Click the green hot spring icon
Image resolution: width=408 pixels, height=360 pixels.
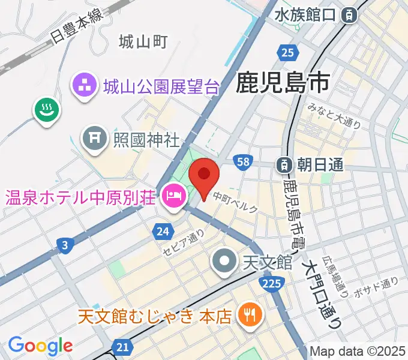(45, 110)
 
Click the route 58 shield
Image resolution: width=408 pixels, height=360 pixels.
(243, 162)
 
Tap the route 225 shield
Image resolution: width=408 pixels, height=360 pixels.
(274, 284)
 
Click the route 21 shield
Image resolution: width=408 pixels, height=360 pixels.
(123, 347)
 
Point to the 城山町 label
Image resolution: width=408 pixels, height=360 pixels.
(143, 42)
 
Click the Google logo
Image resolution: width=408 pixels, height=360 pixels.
(40, 345)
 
